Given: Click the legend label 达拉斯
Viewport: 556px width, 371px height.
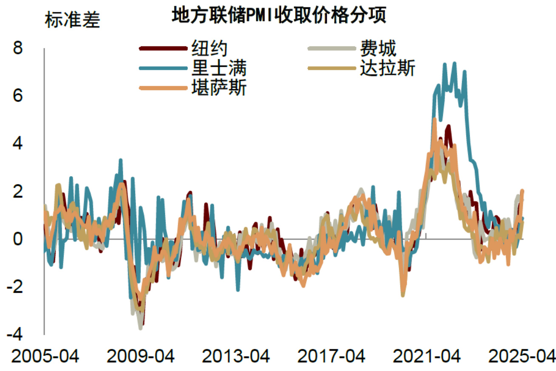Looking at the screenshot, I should [x=387, y=68].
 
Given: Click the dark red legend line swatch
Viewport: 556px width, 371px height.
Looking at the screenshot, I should [x=163, y=48].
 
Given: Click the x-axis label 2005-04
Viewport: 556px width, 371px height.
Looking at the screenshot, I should [x=45, y=356].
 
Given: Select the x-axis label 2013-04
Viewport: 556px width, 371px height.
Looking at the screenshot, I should [x=235, y=356].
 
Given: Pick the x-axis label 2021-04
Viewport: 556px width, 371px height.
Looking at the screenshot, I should [x=426, y=356].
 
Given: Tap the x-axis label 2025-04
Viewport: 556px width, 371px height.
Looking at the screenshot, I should [x=522, y=356].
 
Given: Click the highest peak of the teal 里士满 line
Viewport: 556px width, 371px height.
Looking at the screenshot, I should [x=454, y=63].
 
